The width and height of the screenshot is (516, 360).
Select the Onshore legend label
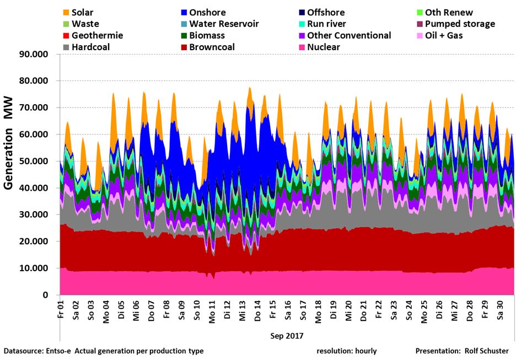point(207,12)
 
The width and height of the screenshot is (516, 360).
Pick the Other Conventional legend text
point(349,35)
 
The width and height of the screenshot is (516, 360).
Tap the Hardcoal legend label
point(91,47)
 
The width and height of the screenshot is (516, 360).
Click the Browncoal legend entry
point(212,47)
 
